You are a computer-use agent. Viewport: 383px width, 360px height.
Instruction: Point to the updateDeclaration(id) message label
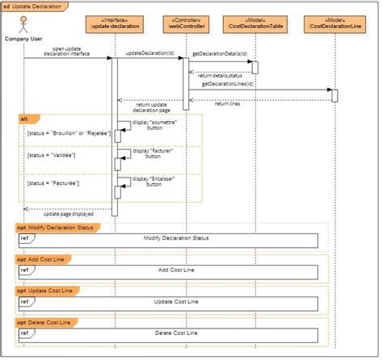(149, 52)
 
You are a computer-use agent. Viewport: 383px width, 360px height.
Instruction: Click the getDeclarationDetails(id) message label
(219, 53)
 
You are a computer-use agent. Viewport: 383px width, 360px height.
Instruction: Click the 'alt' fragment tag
(25, 119)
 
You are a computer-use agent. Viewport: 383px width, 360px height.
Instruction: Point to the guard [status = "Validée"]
(51, 155)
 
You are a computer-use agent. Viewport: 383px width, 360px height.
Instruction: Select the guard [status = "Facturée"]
(52, 184)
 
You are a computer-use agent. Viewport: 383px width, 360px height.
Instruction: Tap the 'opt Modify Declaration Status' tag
(56, 228)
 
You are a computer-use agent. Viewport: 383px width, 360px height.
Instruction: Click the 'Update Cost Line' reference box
(169, 302)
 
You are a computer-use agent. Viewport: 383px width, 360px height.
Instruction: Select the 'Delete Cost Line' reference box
(169, 332)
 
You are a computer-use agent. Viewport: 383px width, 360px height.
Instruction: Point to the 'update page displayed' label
(68, 214)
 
